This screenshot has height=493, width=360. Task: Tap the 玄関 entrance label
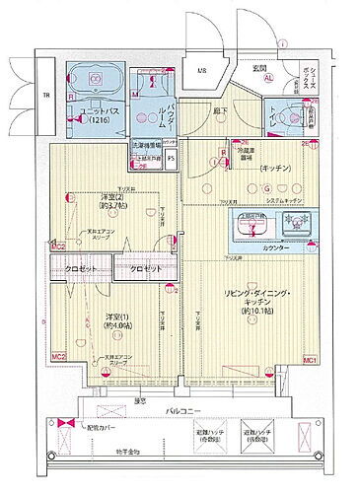pyautogui.click(x=257, y=67)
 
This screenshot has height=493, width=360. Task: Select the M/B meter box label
pyautogui.click(x=201, y=70)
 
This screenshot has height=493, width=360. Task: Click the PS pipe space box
pyautogui.click(x=170, y=158)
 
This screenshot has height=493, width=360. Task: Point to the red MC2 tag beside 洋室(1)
pyautogui.click(x=59, y=356)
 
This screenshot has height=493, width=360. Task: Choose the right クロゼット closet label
pyautogui.click(x=146, y=267)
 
